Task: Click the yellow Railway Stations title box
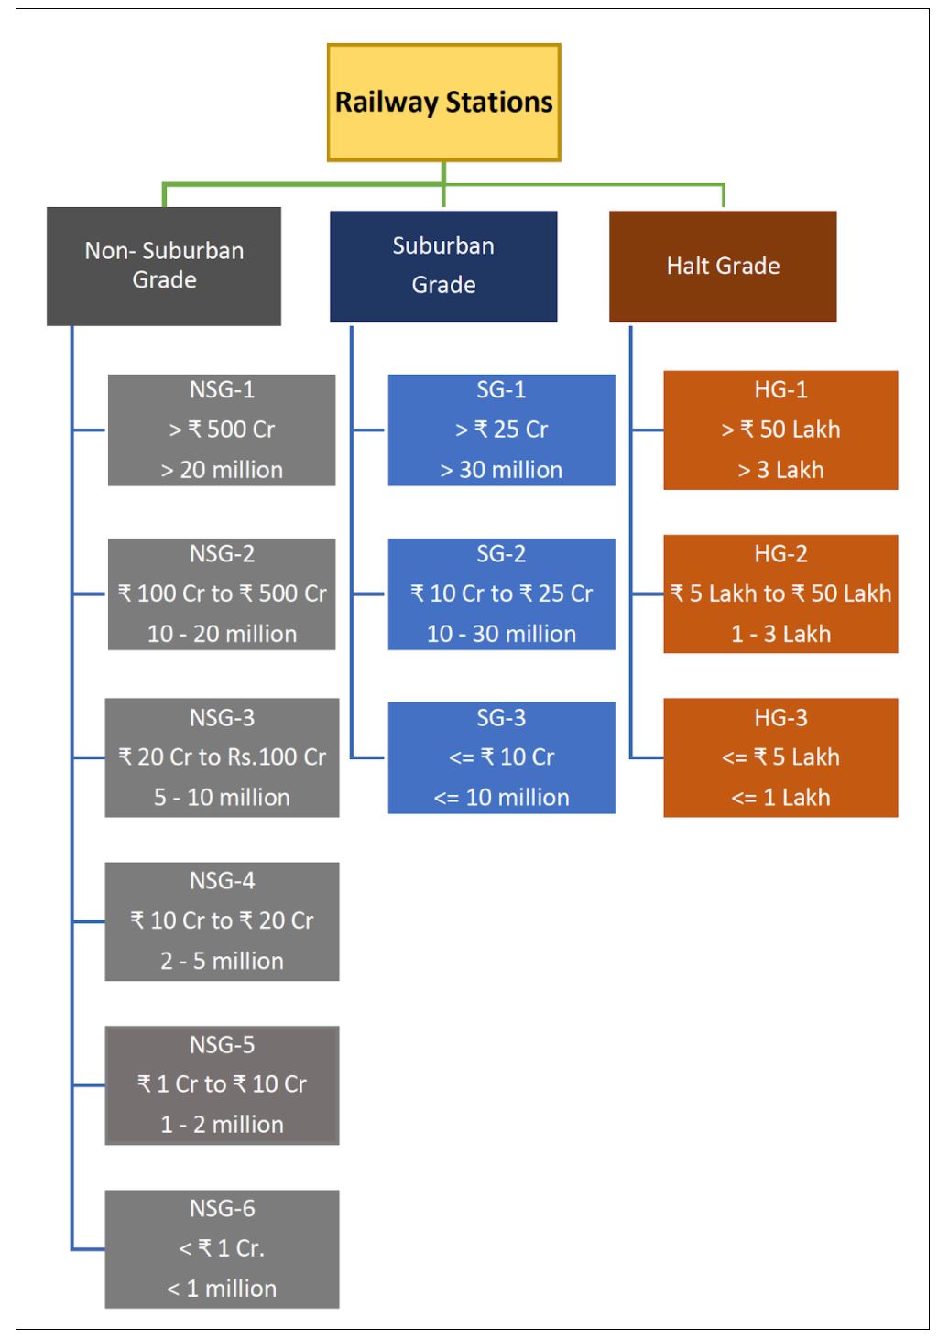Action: pyautogui.click(x=443, y=102)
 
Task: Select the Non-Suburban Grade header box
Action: pyautogui.click(x=164, y=266)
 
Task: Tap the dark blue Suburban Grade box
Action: pyautogui.click(x=443, y=266)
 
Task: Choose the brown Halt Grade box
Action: pyautogui.click(x=723, y=266)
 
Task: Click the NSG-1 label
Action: pyautogui.click(x=222, y=389)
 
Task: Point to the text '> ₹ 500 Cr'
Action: pyautogui.click(x=222, y=430)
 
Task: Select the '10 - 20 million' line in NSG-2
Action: pyautogui.click(x=222, y=634)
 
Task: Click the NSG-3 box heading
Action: pyautogui.click(x=222, y=717)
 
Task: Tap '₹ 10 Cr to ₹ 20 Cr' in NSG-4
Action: pyautogui.click(x=222, y=920)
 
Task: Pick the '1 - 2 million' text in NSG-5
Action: pyautogui.click(x=222, y=1125)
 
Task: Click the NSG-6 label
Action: pyautogui.click(x=222, y=1208)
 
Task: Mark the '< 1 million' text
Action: pyautogui.click(x=222, y=1289)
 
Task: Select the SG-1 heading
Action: pyautogui.click(x=501, y=389)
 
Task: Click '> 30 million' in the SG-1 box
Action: pyautogui.click(x=501, y=470)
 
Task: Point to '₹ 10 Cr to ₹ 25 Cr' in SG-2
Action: pyautogui.click(x=501, y=593)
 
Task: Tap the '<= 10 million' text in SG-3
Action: pyautogui.click(x=501, y=798)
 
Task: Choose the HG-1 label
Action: pyautogui.click(x=780, y=389)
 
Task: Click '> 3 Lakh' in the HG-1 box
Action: pyautogui.click(x=780, y=470)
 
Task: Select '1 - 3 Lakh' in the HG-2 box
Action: pyautogui.click(x=780, y=634)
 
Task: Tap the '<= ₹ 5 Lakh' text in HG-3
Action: pyautogui.click(x=780, y=757)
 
